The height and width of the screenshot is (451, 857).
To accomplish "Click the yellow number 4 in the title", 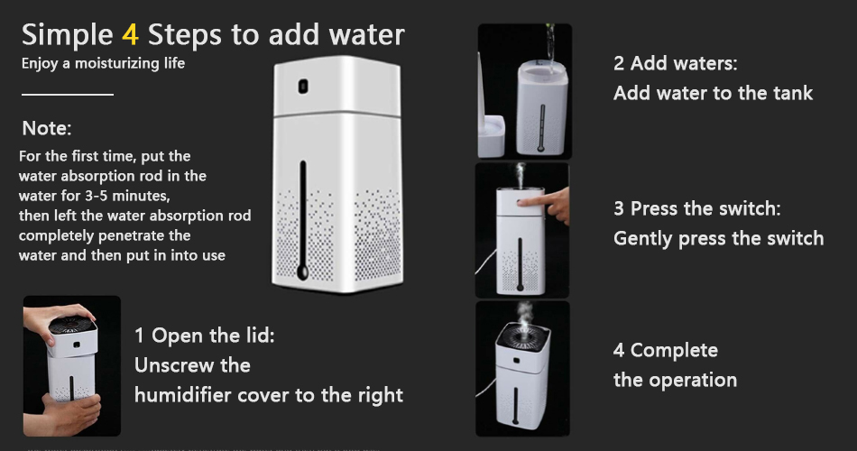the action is coord(130,35).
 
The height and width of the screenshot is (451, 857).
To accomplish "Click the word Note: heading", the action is coord(47,128).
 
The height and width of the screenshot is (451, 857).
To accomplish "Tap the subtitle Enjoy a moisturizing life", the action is coord(104,63).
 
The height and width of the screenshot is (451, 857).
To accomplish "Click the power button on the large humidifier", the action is coord(303,87).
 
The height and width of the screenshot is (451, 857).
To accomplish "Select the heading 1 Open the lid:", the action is coord(205,336).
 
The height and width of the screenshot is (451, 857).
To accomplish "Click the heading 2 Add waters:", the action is coord(676,63).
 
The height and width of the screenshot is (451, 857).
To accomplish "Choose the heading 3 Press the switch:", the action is coord(697,208).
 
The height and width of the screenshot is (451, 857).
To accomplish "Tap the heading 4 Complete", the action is coord(666,350).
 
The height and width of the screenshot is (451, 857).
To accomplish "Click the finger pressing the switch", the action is coord(547,203).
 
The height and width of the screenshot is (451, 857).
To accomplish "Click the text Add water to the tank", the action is coord(714,94).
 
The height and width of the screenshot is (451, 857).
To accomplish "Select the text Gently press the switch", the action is coord(719,239).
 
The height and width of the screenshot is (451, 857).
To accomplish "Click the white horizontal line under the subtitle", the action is coord(68,95).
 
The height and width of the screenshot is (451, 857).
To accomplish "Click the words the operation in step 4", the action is coord(675,381).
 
